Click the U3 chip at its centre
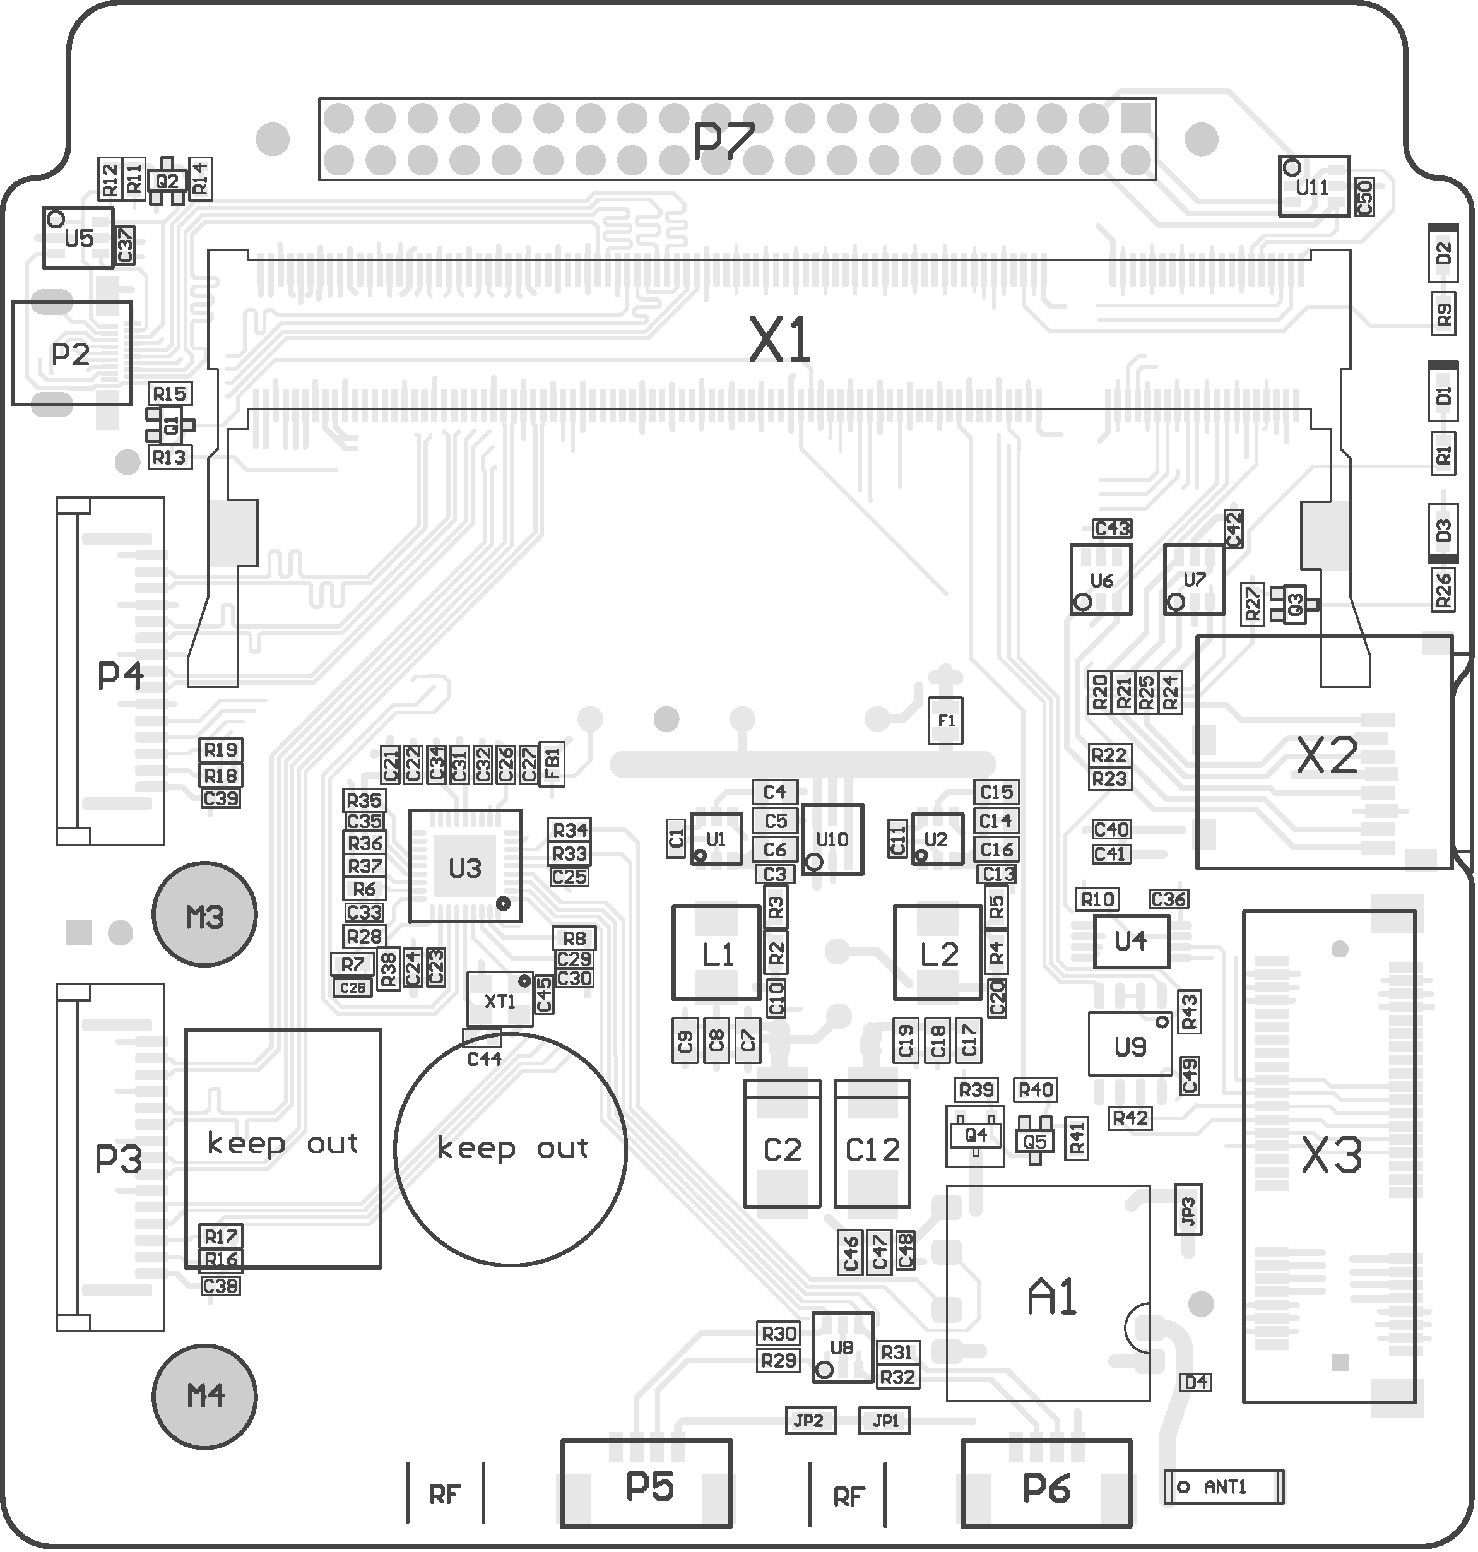point(465,866)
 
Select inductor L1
point(716,953)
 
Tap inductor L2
point(938,953)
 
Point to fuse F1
point(945,720)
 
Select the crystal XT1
point(499,1000)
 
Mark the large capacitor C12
point(872,1149)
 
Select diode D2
point(1443,253)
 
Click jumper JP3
point(1188,1209)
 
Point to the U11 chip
point(1313,186)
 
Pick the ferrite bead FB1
point(552,764)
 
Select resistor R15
point(169,393)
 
